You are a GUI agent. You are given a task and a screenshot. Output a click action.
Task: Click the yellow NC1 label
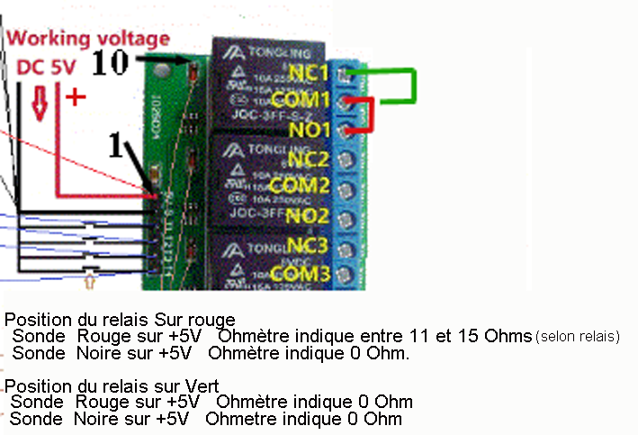(309, 71)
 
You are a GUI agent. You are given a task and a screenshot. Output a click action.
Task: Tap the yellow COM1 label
(301, 99)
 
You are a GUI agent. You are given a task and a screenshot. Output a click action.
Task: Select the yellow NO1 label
(309, 129)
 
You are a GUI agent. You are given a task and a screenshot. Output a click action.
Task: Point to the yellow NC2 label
(309, 159)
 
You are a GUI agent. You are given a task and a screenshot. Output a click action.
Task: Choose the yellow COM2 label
(301, 187)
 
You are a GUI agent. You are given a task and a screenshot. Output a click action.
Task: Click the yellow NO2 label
(309, 216)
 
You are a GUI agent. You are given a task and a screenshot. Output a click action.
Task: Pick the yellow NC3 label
(309, 245)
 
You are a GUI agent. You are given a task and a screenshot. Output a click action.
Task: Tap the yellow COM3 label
(301, 273)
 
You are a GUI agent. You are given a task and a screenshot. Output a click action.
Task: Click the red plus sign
(76, 98)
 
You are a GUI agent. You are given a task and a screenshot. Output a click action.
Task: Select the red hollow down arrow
(40, 103)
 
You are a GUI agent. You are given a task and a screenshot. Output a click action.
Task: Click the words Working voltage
(88, 39)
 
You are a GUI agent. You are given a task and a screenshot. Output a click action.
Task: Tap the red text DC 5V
(47, 68)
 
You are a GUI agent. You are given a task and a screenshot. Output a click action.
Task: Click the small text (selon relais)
(578, 337)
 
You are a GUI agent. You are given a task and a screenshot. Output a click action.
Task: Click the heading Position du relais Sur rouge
(120, 320)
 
